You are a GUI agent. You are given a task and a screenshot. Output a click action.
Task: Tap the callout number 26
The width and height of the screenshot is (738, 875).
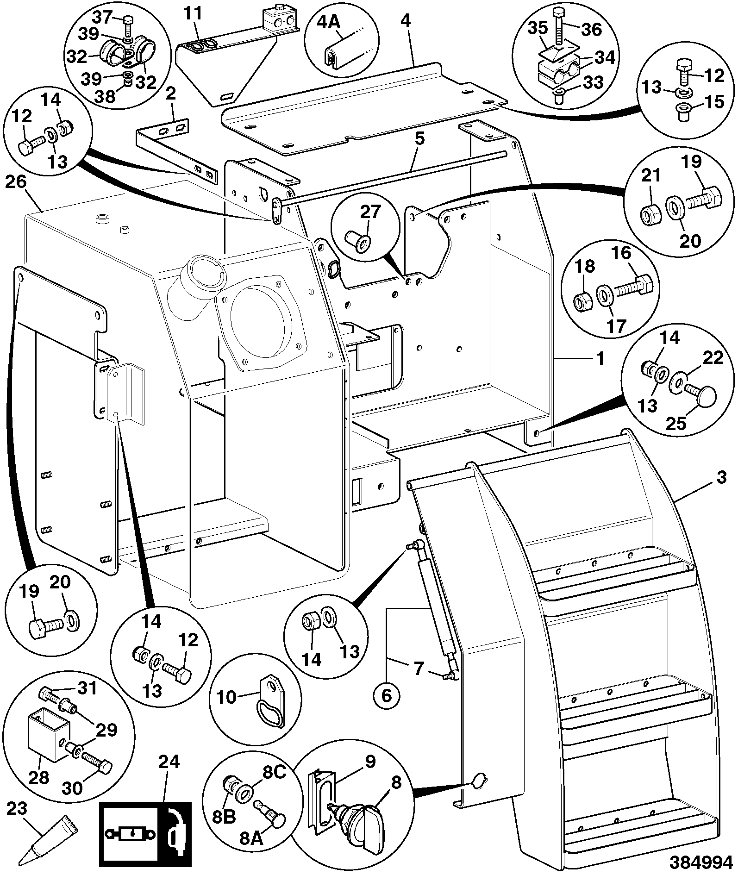(x=16, y=182)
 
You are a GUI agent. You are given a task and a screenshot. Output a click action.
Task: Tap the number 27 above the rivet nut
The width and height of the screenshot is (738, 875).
(x=369, y=212)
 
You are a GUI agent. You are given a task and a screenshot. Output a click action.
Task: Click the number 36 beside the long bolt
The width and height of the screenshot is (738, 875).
(x=591, y=30)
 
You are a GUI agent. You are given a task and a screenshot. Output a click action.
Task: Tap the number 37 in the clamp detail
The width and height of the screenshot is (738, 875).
(x=102, y=18)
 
